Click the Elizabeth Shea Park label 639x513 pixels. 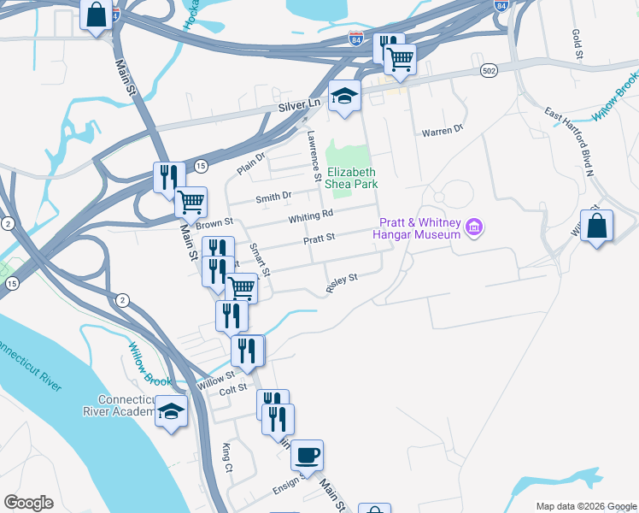tap(351, 177)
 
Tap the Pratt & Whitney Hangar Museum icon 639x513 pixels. tap(475, 228)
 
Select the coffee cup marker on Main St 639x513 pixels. tap(307, 454)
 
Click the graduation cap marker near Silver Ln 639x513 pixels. tap(345, 96)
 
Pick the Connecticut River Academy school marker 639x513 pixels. tap(171, 412)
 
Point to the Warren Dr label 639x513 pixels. tap(442, 131)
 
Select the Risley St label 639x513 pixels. tap(341, 283)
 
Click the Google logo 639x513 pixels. tap(28, 502)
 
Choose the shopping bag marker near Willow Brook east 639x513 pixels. tap(596, 227)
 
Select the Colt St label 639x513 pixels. tap(232, 392)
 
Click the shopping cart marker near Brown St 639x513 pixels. tap(191, 203)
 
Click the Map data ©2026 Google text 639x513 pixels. tap(585, 506)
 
